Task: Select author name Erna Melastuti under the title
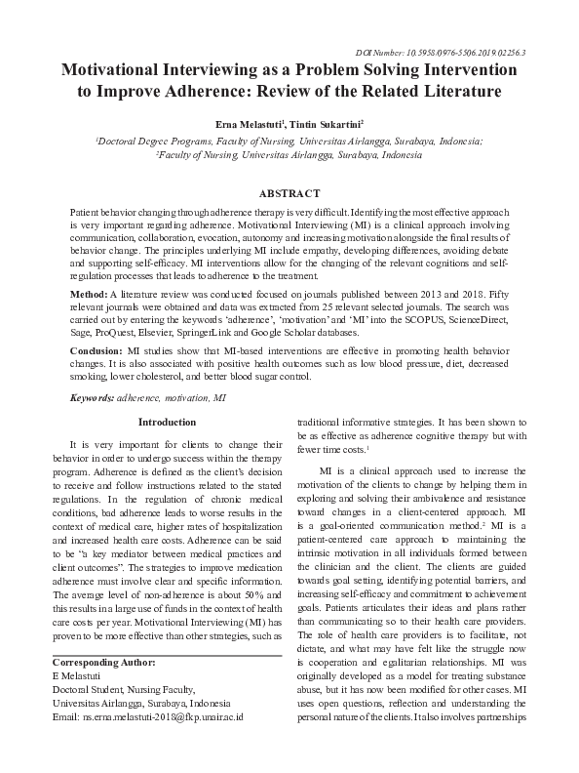tap(251, 124)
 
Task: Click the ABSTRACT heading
tap(289, 193)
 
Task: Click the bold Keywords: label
tap(92, 399)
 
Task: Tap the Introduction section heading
tap(168, 422)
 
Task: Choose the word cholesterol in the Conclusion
tap(152, 375)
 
